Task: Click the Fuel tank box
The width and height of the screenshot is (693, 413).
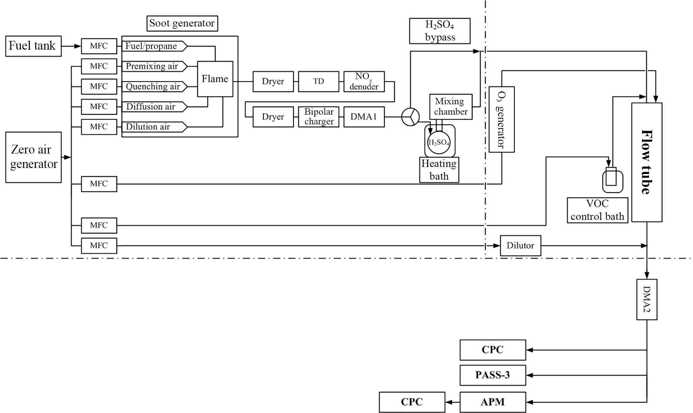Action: tap(33, 46)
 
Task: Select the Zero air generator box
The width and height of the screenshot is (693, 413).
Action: tap(33, 157)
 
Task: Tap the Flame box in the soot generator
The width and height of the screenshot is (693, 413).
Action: tap(215, 79)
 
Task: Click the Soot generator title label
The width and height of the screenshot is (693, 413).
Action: tap(182, 23)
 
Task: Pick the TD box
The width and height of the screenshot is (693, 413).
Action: tap(318, 81)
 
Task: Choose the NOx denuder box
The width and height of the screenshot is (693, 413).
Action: tap(364, 81)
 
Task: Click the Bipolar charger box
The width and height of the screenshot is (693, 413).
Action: tap(319, 117)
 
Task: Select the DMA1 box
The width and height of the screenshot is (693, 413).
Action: tap(364, 117)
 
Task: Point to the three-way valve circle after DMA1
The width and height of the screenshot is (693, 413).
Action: tap(410, 117)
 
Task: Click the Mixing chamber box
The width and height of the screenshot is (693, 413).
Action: tap(451, 107)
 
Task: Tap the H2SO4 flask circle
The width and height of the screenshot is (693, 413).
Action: tap(439, 142)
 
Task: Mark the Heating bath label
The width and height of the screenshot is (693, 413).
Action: tap(439, 170)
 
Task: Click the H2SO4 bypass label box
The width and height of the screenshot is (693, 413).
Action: tap(440, 31)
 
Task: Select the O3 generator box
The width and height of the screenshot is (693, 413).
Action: tap(501, 120)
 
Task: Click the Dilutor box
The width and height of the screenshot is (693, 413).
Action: tap(520, 246)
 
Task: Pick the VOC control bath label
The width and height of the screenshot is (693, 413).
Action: tap(597, 210)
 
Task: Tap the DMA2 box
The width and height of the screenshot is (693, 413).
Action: tap(646, 299)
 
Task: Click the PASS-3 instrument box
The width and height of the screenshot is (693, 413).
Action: tap(493, 375)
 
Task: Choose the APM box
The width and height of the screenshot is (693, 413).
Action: tap(493, 402)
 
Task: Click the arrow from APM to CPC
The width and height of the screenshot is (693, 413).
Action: tap(452, 402)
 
